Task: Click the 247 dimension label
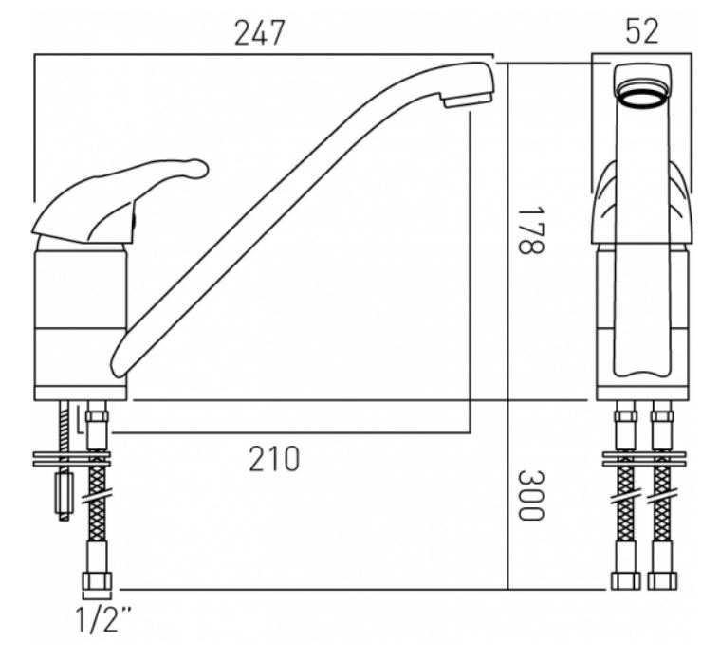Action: coord(259,33)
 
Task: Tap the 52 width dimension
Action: coord(642,31)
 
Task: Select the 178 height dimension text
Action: coord(530,229)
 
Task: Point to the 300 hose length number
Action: coord(530,495)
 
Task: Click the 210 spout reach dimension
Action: coord(274,459)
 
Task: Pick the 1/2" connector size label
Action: coord(102,619)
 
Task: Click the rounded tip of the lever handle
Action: coord(199,168)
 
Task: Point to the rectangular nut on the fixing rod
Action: coord(64,493)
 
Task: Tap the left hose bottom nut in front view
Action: coord(625,580)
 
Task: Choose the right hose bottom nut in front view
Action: coord(662,580)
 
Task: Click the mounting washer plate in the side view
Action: coord(72,459)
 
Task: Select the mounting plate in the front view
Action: coord(644,459)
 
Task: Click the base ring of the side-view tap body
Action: coord(81,394)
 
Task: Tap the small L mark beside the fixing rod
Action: coord(80,418)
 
